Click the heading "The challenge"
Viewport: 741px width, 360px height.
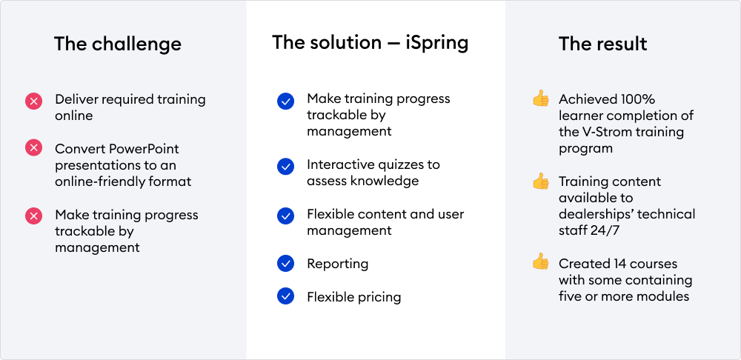[x=118, y=44]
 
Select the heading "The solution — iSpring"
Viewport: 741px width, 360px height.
[x=370, y=42]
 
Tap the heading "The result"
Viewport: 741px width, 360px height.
[x=603, y=44]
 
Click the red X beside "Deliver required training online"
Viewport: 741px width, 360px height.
[x=33, y=101]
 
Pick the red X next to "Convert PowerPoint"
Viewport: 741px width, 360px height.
[x=33, y=148]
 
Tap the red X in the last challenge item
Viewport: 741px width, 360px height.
[x=33, y=216]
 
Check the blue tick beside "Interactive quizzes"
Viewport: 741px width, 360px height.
[x=285, y=167]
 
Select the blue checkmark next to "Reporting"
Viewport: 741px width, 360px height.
[x=285, y=264]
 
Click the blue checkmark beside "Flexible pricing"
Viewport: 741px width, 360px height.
[x=285, y=296]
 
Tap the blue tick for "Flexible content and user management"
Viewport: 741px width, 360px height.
[x=285, y=216]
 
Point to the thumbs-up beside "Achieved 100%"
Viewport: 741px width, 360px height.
[x=541, y=99]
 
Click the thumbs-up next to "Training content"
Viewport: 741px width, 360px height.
[x=541, y=181]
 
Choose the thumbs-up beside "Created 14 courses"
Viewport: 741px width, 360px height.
[x=541, y=261]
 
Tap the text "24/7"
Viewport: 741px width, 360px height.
[x=608, y=230]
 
